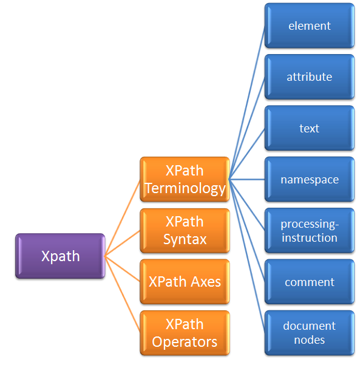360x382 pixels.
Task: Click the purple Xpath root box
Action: point(60,256)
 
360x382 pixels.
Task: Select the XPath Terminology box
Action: point(185,179)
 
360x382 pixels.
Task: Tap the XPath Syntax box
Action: point(185,230)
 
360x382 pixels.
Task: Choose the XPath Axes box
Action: point(185,282)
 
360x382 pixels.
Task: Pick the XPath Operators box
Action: point(185,333)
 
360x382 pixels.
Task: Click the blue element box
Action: point(310,26)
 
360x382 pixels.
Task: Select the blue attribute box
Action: point(310,77)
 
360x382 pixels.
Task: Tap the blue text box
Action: point(310,128)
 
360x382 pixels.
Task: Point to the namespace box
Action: point(310,179)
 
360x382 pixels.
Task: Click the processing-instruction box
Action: point(310,230)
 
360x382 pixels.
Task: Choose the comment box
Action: point(310,282)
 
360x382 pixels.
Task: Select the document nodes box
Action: point(310,333)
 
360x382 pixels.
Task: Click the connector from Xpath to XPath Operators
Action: point(123,295)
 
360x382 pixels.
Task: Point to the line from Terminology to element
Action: point(247,103)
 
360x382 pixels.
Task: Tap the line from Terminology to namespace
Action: point(247,179)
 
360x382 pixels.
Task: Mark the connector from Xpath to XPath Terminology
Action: point(123,218)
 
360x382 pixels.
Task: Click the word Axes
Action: point(206,282)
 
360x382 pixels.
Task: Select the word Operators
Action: point(185,342)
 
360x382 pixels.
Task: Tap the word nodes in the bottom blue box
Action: point(310,340)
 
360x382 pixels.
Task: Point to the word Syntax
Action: point(185,239)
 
